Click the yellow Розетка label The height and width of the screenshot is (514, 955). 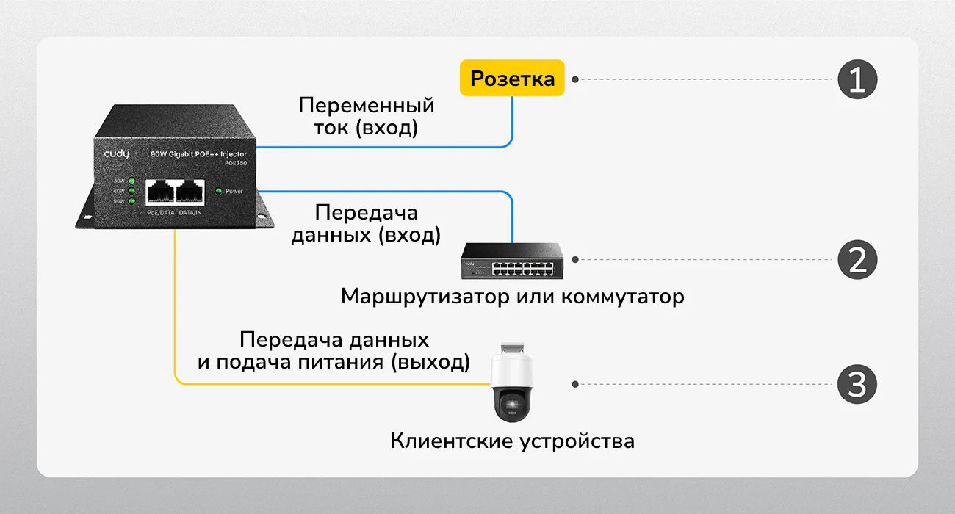coord(512,78)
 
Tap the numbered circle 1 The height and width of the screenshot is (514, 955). coord(857,79)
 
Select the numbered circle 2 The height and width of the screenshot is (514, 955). coord(857,259)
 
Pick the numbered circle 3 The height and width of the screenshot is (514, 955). coord(857,384)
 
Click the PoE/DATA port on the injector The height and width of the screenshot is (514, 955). coord(159,192)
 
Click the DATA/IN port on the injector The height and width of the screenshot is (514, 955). coord(190,192)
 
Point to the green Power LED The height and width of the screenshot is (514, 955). coord(218,191)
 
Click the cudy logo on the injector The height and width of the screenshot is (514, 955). coord(116,154)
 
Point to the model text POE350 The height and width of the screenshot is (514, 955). coord(235,164)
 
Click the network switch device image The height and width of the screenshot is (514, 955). coord(512,260)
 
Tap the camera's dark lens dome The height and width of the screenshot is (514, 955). coord(511,403)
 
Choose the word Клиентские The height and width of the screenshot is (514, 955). coord(452,441)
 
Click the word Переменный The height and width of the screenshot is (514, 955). coord(366,105)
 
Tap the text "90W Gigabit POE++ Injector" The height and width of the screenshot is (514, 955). coord(198,154)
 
